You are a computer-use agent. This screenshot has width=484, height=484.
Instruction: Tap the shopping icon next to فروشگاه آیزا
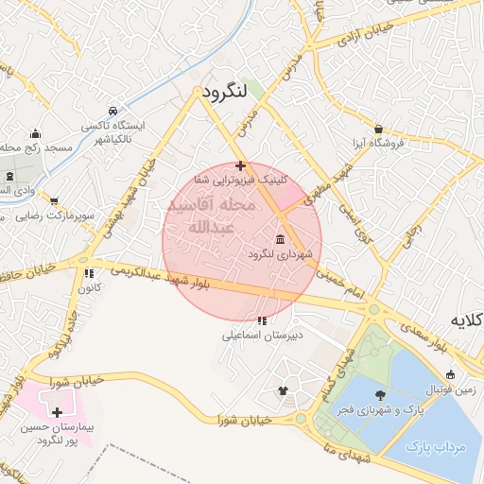(379, 129)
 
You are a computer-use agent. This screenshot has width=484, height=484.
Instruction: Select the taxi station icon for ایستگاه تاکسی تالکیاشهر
(113, 111)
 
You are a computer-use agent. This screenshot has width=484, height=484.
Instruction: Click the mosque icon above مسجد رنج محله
(36, 133)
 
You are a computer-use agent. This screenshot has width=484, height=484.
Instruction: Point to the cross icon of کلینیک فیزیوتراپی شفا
(241, 164)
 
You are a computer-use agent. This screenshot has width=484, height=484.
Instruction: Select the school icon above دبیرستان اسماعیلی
(262, 320)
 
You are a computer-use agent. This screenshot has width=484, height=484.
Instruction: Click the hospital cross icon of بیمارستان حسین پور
(58, 413)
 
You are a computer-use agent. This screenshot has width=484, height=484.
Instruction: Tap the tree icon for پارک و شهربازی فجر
(380, 395)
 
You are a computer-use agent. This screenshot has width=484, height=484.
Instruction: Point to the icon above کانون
(91, 272)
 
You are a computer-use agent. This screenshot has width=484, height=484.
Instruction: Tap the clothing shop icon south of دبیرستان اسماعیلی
(282, 390)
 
